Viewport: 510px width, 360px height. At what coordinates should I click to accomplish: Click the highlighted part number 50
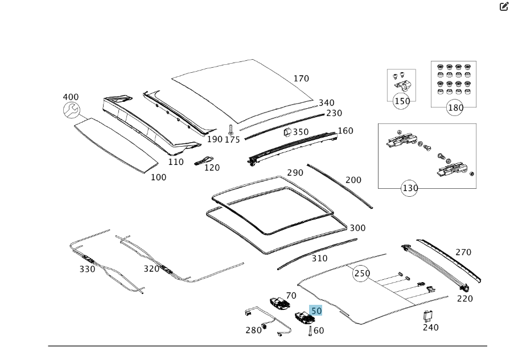pos(316,311)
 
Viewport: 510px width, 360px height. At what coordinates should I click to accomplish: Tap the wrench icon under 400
pos(71,111)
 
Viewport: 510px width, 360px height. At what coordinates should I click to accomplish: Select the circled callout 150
pos(402,101)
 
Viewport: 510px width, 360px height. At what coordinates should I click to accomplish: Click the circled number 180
pos(455,107)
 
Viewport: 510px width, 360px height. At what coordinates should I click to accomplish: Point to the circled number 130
pos(409,188)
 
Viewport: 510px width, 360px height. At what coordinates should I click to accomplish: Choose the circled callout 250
pos(361,273)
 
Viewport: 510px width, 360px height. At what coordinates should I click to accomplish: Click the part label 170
pos(302,79)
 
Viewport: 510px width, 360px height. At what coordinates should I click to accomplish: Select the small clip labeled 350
pos(287,133)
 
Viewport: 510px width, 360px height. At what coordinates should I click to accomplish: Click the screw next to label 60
pos(310,330)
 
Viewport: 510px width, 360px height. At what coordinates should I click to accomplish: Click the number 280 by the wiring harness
pos(253,330)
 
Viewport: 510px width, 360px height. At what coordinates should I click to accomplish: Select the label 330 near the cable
pos(87,269)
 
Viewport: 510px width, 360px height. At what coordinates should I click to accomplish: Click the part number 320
pos(151,268)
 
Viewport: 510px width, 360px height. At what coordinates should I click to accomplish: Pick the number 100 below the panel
pos(158,177)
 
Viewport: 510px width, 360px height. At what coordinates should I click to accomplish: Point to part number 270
pos(463,252)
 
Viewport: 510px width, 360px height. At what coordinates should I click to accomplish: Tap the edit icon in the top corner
pos(503,7)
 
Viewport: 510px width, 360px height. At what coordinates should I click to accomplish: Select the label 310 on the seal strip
pos(319,258)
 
